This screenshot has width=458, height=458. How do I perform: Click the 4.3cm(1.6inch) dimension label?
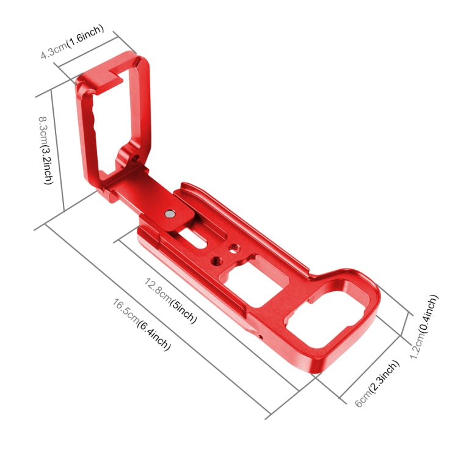(72, 42)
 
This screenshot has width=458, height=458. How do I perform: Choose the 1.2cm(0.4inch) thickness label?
(424, 327)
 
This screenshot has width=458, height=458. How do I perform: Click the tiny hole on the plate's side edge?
(261, 335)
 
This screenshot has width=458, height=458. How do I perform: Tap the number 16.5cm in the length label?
(126, 312)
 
